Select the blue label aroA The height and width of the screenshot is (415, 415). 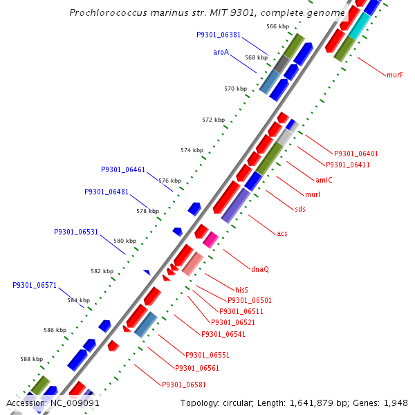click(221, 52)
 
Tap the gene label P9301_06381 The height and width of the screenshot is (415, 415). click(219, 35)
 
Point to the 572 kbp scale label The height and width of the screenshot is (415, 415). click(214, 120)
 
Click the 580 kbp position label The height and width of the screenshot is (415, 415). click(125, 241)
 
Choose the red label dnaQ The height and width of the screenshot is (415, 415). click(260, 269)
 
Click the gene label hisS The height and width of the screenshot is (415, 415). click(241, 290)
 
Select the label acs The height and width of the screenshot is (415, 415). click(282, 233)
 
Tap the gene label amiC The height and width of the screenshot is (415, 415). click(324, 180)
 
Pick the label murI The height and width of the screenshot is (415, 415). click(313, 194)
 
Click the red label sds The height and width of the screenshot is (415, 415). click(300, 209)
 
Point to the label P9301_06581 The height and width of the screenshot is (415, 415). click(183, 385)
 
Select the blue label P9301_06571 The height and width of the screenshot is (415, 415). click(35, 285)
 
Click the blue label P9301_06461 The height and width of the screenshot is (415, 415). click(123, 169)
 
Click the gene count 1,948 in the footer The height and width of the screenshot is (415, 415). click(395, 403)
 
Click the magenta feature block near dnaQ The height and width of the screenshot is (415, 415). click(210, 239)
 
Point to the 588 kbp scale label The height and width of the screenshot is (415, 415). click(31, 359)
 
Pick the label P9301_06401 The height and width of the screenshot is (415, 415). click(356, 154)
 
